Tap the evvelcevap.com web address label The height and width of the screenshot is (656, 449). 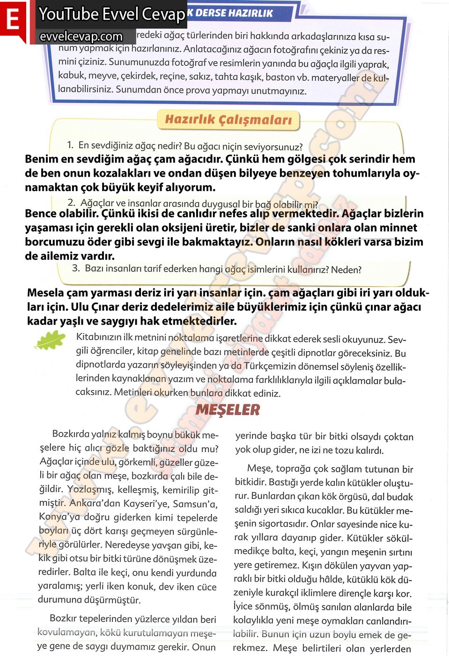tap(81, 37)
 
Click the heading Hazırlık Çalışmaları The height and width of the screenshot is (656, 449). tap(228, 120)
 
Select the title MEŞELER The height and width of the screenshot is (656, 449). tap(228, 410)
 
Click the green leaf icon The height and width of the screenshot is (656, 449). tap(50, 340)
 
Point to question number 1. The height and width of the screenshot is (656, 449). tap(70, 145)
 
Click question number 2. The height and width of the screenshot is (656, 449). tap(71, 202)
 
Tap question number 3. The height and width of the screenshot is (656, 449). tap(76, 268)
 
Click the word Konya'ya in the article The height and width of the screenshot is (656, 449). tap(59, 517)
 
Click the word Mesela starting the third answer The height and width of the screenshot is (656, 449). tap(45, 293)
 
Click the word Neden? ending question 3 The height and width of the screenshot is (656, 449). tap(346, 270)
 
